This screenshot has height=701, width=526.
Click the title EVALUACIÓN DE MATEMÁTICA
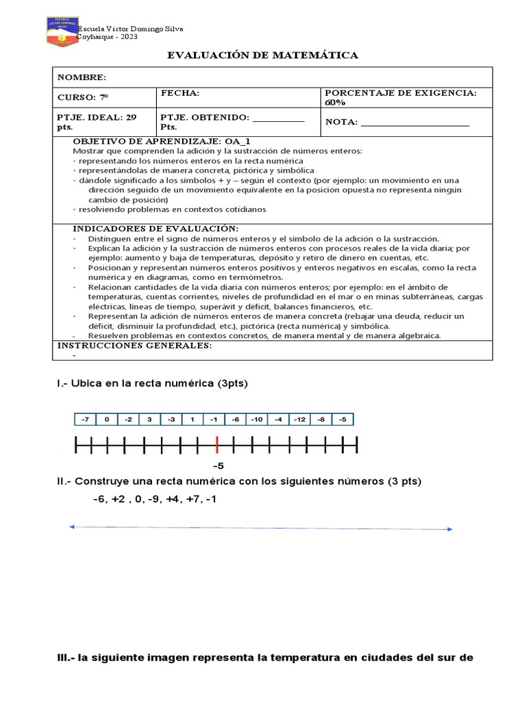(263, 55)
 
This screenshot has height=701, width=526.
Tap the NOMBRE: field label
(81, 77)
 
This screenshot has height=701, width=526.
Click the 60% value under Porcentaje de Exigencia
(336, 102)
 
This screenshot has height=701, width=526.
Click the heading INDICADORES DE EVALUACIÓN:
(155, 228)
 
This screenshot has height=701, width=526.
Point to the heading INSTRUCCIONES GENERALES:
(134, 346)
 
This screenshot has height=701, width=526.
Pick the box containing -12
(300, 420)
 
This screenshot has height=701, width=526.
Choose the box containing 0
(106, 420)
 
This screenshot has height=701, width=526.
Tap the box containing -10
(257, 420)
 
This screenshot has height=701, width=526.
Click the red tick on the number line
(217, 446)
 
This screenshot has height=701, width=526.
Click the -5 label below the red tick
(218, 466)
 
